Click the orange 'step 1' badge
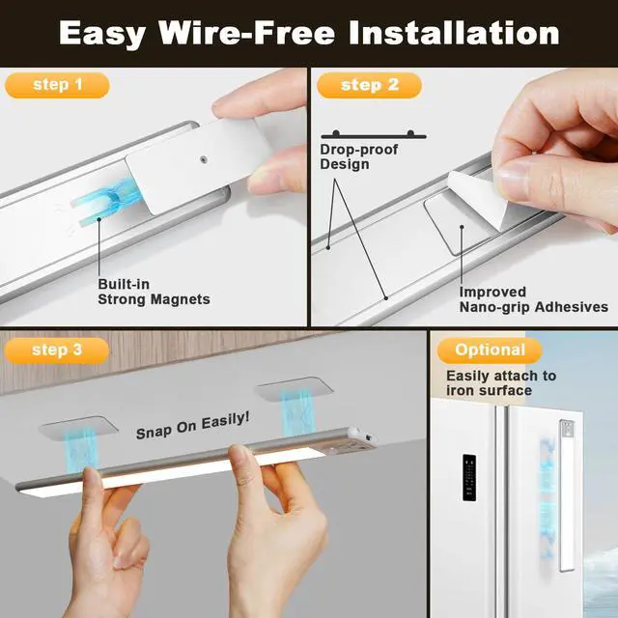tap(57, 85)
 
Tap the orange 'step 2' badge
tap(369, 85)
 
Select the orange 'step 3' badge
tap(57, 350)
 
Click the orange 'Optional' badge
tap(490, 350)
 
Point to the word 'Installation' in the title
tap(454, 33)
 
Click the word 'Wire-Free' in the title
tap(247, 33)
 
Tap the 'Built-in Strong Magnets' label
tap(154, 292)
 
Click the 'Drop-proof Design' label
tap(358, 156)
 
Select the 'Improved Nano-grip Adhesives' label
tap(534, 299)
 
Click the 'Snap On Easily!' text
tap(193, 426)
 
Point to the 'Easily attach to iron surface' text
tap(501, 382)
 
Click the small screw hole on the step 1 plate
tap(203, 159)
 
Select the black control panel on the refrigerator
tap(469, 478)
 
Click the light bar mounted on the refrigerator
tap(567, 495)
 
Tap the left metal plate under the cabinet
tap(79, 427)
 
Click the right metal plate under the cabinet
tap(294, 388)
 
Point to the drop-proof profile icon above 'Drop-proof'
tap(374, 135)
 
